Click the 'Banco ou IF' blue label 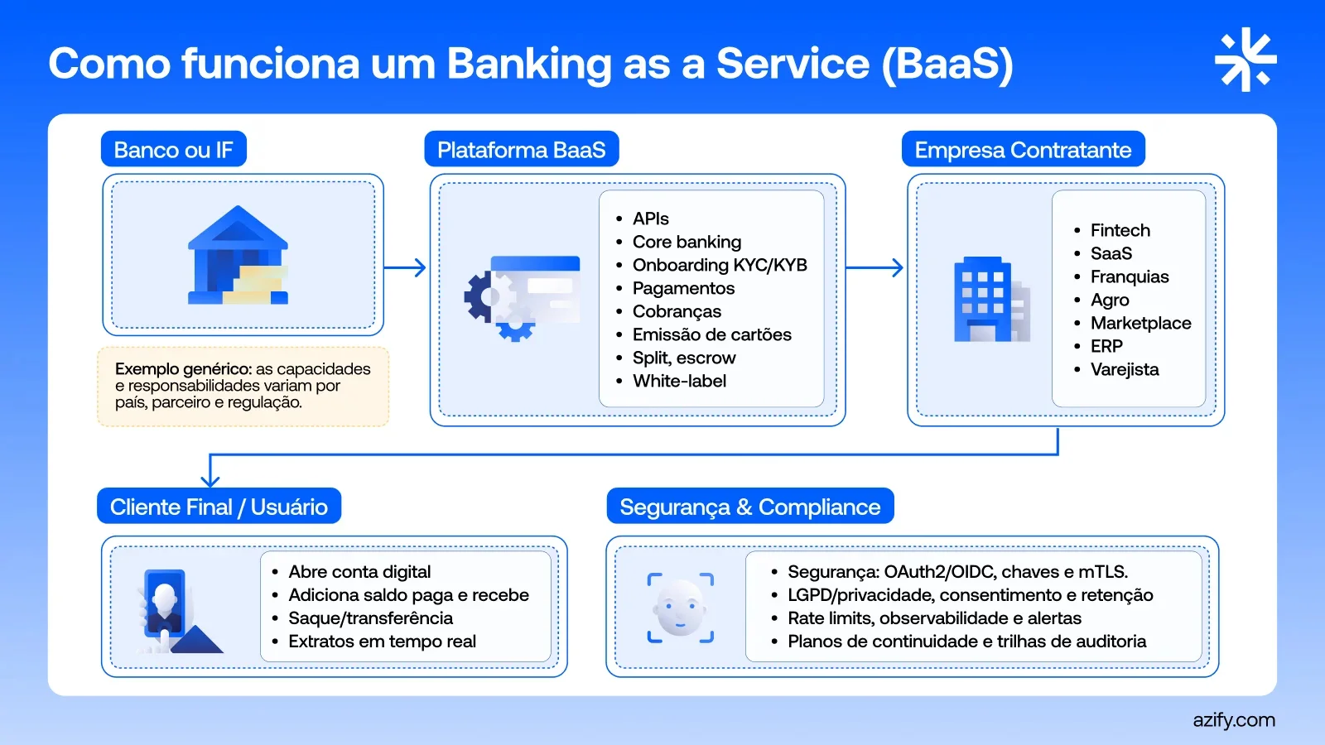point(173,150)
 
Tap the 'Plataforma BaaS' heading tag point(521,150)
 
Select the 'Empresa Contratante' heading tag point(1023,150)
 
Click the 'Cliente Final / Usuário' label point(219,507)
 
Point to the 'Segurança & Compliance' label point(749,507)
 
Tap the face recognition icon point(680,608)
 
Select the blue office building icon point(990,300)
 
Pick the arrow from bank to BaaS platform point(406,267)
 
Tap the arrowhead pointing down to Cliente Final point(210,480)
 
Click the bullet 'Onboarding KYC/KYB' point(719,265)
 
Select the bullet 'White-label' point(679,381)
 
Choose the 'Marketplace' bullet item point(1140,323)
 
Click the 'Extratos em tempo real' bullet point(382,642)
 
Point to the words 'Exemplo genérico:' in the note point(183,368)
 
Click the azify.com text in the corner point(1233,720)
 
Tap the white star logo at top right point(1245,60)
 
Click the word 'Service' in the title point(793,64)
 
